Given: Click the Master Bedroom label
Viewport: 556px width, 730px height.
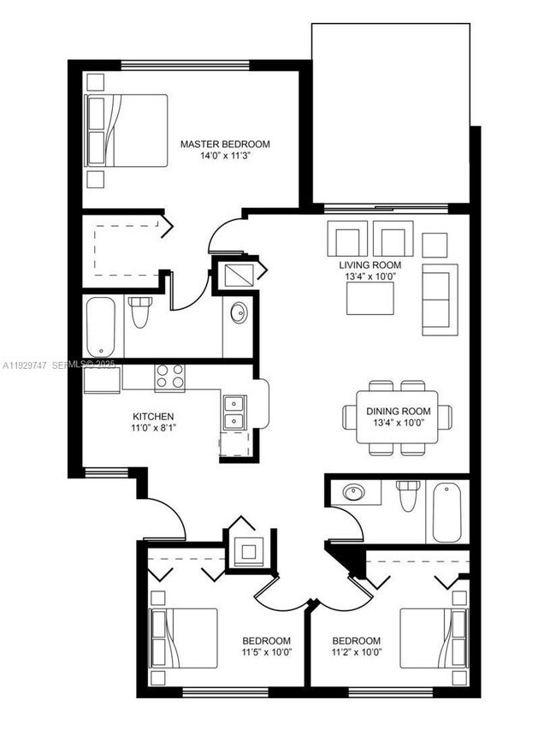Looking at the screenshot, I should (225, 144).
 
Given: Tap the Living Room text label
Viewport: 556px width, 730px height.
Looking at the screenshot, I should (370, 265).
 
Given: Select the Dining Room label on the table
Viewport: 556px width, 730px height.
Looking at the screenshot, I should (399, 412).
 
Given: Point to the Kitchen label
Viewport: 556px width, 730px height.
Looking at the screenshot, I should (154, 417).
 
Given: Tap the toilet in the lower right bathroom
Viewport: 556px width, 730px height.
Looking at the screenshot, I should (407, 496).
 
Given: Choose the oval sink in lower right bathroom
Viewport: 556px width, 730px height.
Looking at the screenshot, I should (352, 493).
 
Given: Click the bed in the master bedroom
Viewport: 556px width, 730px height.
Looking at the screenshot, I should (127, 130).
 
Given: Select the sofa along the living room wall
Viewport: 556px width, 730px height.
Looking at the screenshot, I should (440, 300).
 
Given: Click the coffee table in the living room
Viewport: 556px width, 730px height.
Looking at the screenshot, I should (370, 299).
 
